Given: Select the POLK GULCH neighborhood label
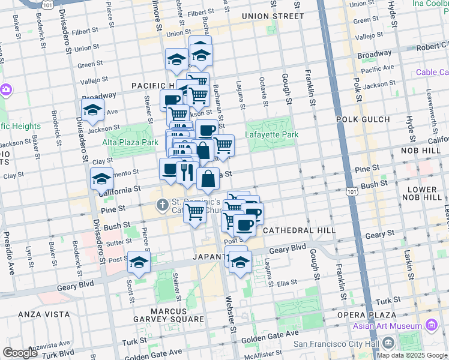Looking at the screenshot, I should pos(363,119).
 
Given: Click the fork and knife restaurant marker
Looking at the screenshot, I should pos(186,172).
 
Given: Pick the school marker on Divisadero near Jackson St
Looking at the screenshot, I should pos(92,110).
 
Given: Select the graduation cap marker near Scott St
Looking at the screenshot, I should pos(139,262).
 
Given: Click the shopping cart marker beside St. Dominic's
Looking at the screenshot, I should pos(194,211).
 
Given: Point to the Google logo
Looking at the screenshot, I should pos(20,353).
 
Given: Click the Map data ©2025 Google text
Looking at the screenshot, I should pos(412,355).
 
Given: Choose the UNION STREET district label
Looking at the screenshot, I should pos(273,16).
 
